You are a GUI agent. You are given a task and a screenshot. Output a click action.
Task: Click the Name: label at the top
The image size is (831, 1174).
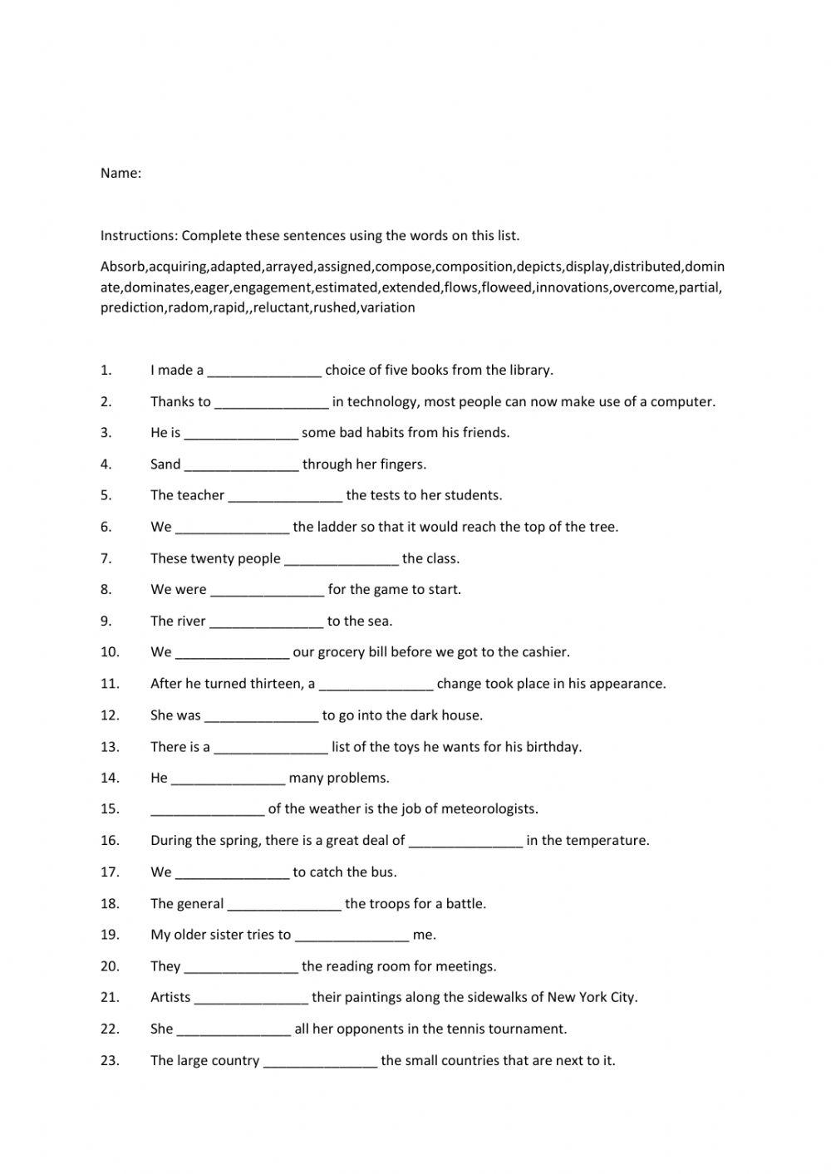tap(120, 174)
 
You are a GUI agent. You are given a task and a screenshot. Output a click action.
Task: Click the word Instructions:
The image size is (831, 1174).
tap(139, 236)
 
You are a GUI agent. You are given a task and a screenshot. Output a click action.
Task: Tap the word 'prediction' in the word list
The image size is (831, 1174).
tap(132, 307)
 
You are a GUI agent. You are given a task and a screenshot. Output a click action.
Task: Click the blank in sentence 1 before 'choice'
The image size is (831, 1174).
tap(264, 371)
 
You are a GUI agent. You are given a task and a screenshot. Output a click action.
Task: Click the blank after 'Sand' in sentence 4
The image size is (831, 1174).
tap(241, 465)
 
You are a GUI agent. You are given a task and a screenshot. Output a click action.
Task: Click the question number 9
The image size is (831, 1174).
tap(106, 621)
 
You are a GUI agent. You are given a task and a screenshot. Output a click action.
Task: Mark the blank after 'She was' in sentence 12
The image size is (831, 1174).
tap(261, 716)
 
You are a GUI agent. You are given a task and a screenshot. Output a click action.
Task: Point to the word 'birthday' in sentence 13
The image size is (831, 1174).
tap(553, 747)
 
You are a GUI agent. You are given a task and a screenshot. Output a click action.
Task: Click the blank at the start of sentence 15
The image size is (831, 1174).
tap(207, 810)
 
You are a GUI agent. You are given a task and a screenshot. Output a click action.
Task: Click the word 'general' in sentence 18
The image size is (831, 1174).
tap(200, 904)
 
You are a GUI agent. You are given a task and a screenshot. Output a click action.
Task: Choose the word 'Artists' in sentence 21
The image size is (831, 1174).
tap(170, 998)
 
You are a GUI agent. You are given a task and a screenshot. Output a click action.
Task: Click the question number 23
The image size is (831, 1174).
tap(110, 1060)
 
